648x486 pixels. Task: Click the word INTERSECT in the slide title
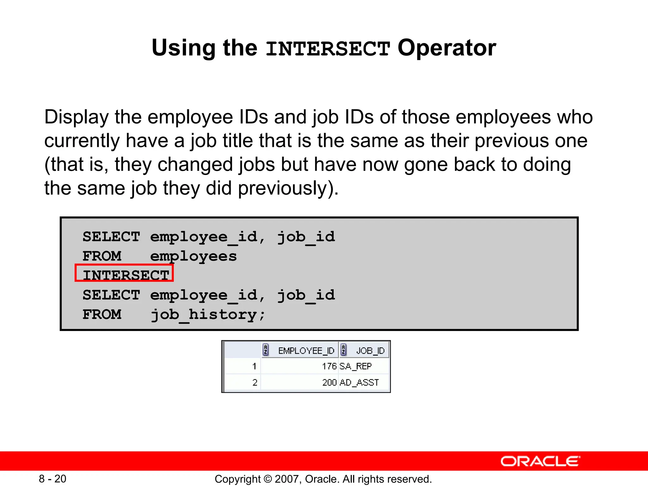pos(328,49)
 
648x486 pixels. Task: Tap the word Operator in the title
pos(446,48)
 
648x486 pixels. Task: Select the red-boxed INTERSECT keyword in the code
pos(126,274)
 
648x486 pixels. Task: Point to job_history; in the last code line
pos(208,315)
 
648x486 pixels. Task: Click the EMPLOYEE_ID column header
pos(306,351)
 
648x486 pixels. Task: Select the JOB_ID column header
pos(370,351)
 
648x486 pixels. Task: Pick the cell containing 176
pos(329,366)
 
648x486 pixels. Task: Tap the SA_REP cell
pos(355,366)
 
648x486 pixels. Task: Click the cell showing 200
pos(329,383)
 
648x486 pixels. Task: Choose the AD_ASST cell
pos(359,383)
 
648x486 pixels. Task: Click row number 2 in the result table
pos(255,383)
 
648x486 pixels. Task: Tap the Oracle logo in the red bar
pos(540,461)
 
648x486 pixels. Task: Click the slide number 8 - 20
pos(53,479)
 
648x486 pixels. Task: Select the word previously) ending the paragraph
pos(288,188)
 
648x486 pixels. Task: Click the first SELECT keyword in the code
pos(111,237)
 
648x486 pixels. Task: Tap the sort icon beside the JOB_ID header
pos(343,350)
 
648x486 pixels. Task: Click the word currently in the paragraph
pos(82,141)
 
